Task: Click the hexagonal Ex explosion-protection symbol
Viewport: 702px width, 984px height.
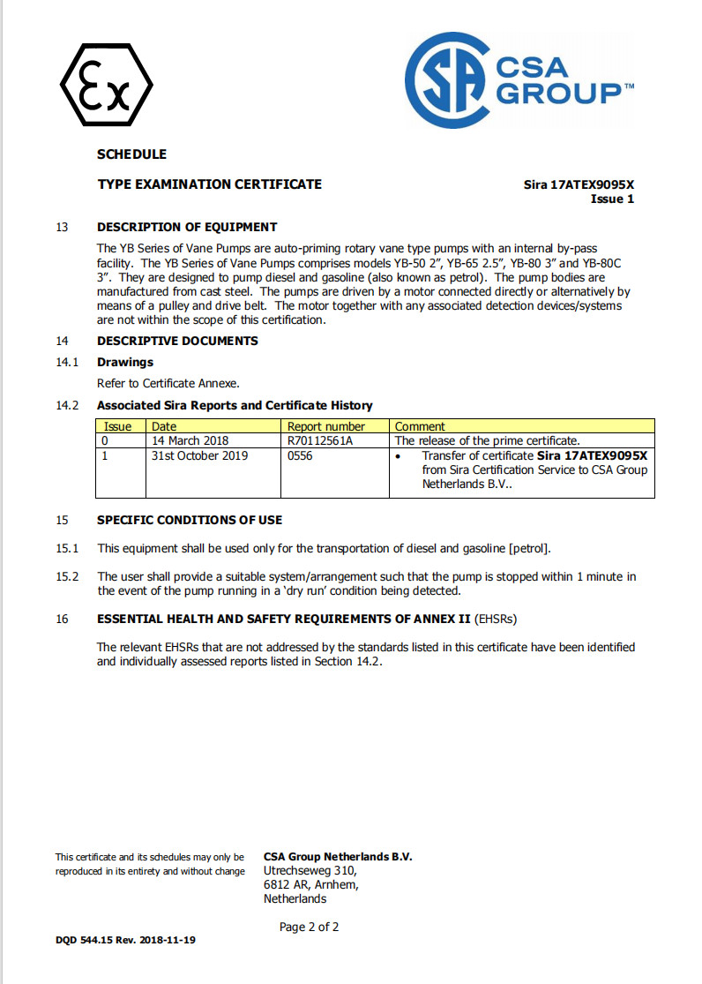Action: tap(107, 85)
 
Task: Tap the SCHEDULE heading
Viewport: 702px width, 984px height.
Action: tap(131, 154)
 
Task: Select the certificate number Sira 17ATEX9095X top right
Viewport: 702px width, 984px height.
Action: tap(579, 184)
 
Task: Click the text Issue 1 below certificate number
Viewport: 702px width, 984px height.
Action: tap(612, 199)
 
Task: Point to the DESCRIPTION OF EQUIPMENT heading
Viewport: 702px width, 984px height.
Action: tap(187, 227)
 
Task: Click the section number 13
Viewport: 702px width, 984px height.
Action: tap(62, 227)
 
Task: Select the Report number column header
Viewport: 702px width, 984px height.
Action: tap(325, 426)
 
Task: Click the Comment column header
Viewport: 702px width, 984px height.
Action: tap(420, 426)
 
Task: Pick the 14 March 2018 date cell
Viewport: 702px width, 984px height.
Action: tap(190, 439)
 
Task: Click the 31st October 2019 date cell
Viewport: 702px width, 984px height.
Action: tap(200, 455)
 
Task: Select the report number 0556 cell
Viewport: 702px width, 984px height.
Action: tap(300, 455)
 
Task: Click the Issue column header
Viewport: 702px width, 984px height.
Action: tap(118, 426)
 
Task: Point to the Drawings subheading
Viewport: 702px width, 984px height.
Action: tap(125, 362)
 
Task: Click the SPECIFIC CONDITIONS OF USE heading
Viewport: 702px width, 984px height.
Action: tap(190, 520)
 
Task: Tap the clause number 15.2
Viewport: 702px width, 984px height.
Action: tap(68, 577)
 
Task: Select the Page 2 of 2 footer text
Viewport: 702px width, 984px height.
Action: tap(309, 927)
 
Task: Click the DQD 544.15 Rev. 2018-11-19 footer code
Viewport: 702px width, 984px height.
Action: tap(125, 940)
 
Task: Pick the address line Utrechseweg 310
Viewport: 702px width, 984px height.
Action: tap(309, 870)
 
